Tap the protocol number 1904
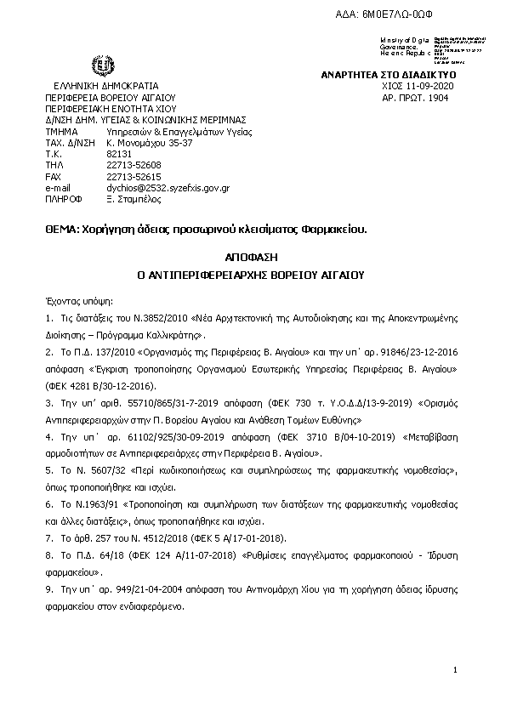click(x=437, y=98)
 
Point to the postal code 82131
click(x=118, y=154)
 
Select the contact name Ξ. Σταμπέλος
click(x=134, y=198)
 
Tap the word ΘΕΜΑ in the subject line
click(x=61, y=230)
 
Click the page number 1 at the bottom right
click(x=456, y=671)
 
